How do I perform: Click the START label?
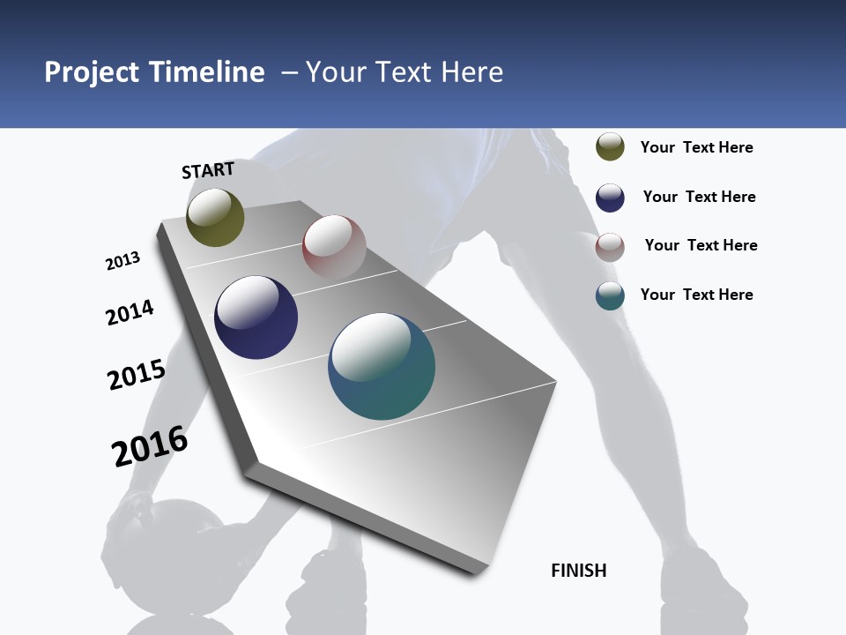pos(208,170)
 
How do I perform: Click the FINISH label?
pos(579,571)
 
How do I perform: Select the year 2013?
pos(122,261)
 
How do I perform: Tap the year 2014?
pos(130,313)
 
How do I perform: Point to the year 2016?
pos(150,446)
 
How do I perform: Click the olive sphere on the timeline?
pos(215,217)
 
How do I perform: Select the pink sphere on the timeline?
pos(334,247)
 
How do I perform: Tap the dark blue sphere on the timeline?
pos(256,317)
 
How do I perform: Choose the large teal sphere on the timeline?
pos(382,366)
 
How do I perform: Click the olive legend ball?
pos(610,147)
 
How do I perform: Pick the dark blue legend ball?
pos(610,198)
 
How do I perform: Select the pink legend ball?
pos(610,247)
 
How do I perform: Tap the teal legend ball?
pos(610,296)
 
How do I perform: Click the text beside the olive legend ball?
pos(696,147)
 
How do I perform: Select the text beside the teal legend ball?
pos(696,295)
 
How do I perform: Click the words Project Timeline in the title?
pos(154,72)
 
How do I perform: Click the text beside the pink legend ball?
pos(701,245)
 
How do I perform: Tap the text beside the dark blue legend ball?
pos(699,197)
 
